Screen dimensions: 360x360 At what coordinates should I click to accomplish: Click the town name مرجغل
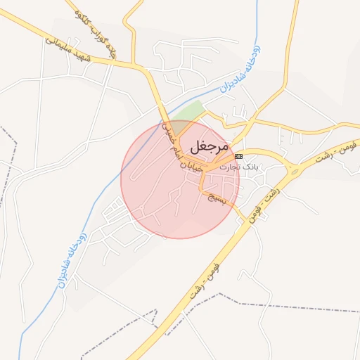209,148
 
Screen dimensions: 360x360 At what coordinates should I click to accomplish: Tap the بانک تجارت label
239,167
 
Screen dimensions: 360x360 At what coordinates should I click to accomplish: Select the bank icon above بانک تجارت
238,155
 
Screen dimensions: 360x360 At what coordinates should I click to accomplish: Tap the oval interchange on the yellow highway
293,169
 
